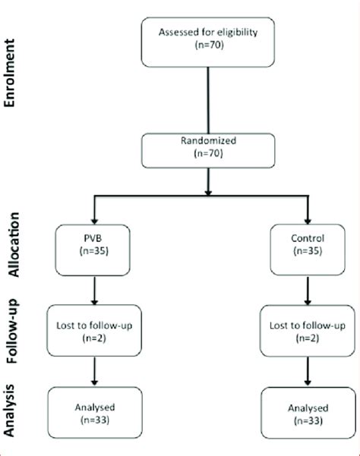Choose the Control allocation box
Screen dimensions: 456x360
click(307, 252)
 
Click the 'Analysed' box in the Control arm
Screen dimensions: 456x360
click(308, 412)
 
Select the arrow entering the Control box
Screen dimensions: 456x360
click(308, 212)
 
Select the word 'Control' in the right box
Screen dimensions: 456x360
click(307, 244)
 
